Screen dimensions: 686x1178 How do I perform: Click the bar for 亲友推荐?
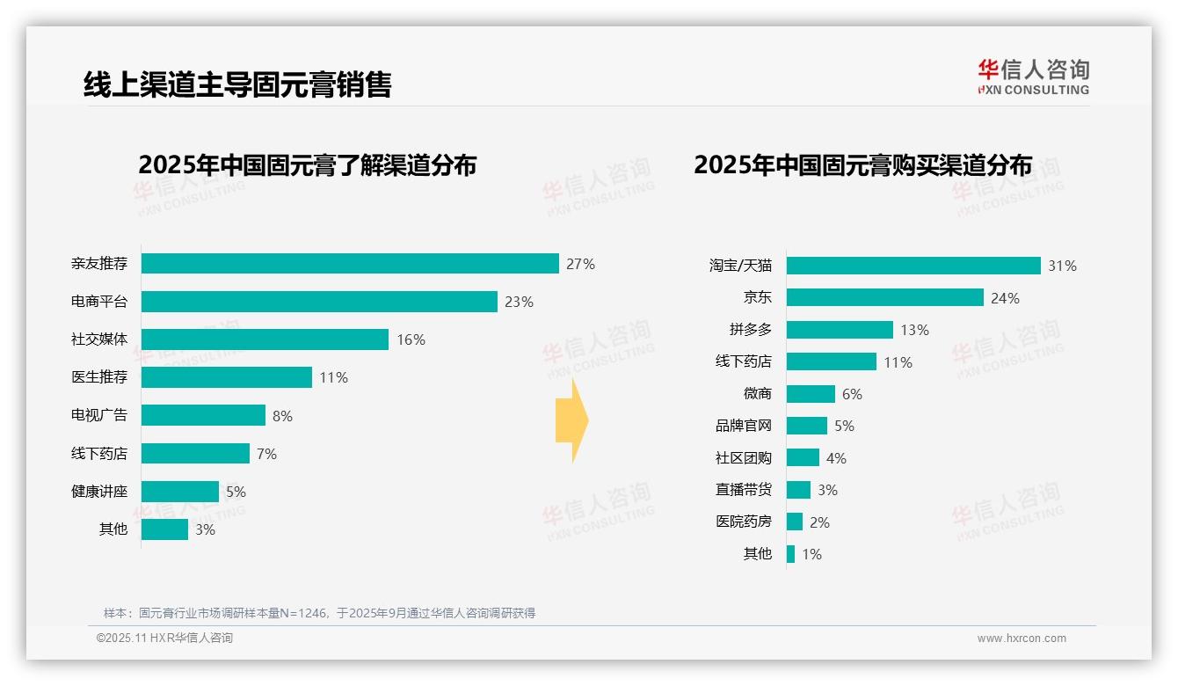(350, 264)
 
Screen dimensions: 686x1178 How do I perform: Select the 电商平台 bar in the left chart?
(319, 302)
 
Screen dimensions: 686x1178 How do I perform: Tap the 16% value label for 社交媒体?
(411, 339)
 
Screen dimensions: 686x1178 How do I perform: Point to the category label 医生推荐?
(99, 377)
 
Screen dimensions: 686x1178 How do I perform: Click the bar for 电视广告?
(203, 415)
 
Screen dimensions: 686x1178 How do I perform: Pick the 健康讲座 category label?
(99, 491)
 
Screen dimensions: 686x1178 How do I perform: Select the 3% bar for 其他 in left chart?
(164, 529)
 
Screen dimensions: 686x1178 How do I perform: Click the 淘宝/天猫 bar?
(913, 266)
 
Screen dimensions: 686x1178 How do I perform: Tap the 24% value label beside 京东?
(1005, 298)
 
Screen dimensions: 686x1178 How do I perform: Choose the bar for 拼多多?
(840, 330)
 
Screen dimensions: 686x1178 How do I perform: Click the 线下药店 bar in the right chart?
(832, 361)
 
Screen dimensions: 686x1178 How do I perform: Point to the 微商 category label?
(757, 394)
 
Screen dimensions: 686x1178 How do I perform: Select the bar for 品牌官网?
(807, 426)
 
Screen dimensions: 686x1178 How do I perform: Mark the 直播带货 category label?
(743, 490)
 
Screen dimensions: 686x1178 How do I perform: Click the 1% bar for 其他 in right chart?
(791, 554)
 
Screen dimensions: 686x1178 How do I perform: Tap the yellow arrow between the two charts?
(571, 421)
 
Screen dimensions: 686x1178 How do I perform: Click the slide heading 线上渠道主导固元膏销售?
(237, 84)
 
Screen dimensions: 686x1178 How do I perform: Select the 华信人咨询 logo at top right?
(1033, 77)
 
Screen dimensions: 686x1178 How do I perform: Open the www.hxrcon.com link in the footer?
(1022, 639)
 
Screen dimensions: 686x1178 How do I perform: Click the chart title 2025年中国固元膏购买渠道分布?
(862, 165)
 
